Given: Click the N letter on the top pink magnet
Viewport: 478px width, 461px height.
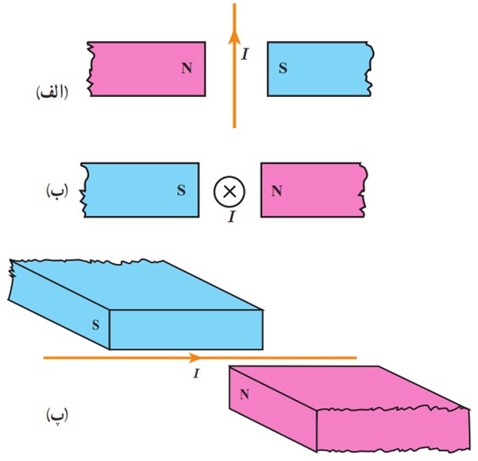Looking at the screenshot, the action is (x=187, y=68).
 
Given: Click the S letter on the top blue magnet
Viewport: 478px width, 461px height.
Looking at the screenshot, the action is (x=283, y=68).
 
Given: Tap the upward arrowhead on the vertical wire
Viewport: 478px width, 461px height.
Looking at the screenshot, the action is (x=234, y=37).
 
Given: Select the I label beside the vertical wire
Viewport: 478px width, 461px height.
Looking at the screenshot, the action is (x=245, y=54).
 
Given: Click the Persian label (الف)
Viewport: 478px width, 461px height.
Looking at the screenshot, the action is (x=52, y=93).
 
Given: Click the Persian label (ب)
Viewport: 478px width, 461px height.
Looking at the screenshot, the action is (x=57, y=191).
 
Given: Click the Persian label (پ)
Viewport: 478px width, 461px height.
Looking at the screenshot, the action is (x=57, y=415).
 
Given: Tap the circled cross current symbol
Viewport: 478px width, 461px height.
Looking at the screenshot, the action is (x=229, y=192).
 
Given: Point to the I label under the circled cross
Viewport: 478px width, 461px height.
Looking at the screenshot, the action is (x=232, y=217).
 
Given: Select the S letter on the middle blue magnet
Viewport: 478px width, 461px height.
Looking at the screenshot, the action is (x=181, y=191).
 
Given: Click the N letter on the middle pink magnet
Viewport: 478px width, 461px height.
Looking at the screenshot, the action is (x=276, y=191).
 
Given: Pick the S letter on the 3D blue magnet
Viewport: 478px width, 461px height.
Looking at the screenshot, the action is (x=96, y=325).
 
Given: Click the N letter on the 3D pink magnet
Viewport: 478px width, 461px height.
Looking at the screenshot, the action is (x=245, y=394).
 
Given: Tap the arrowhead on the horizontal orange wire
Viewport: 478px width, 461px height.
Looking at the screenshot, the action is (x=195, y=358).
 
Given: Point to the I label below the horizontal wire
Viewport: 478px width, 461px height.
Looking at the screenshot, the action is (x=197, y=374).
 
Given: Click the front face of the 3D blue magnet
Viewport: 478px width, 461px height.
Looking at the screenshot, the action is (x=187, y=330).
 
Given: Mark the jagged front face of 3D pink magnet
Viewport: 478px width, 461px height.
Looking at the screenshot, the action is (x=393, y=430).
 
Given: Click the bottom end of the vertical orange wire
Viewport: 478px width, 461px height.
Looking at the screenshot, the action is (x=234, y=127).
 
